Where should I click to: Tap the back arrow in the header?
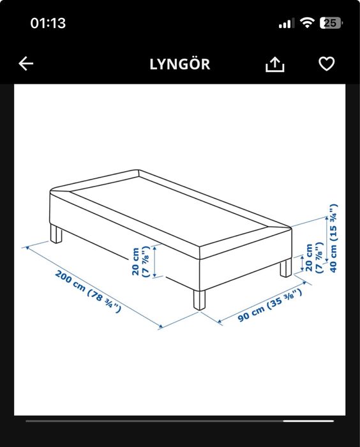[x=26, y=64]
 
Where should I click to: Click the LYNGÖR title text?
[x=179, y=64]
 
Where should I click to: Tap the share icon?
[x=274, y=64]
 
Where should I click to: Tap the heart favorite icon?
[x=326, y=64]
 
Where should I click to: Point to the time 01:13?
[x=49, y=23]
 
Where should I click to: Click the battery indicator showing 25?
[x=331, y=23]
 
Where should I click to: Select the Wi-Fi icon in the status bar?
[x=308, y=23]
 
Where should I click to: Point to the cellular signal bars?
[x=286, y=24]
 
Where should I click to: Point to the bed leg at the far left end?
[x=57, y=234]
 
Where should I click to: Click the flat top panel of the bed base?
[x=169, y=204]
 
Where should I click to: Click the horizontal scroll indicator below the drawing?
[x=179, y=421]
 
